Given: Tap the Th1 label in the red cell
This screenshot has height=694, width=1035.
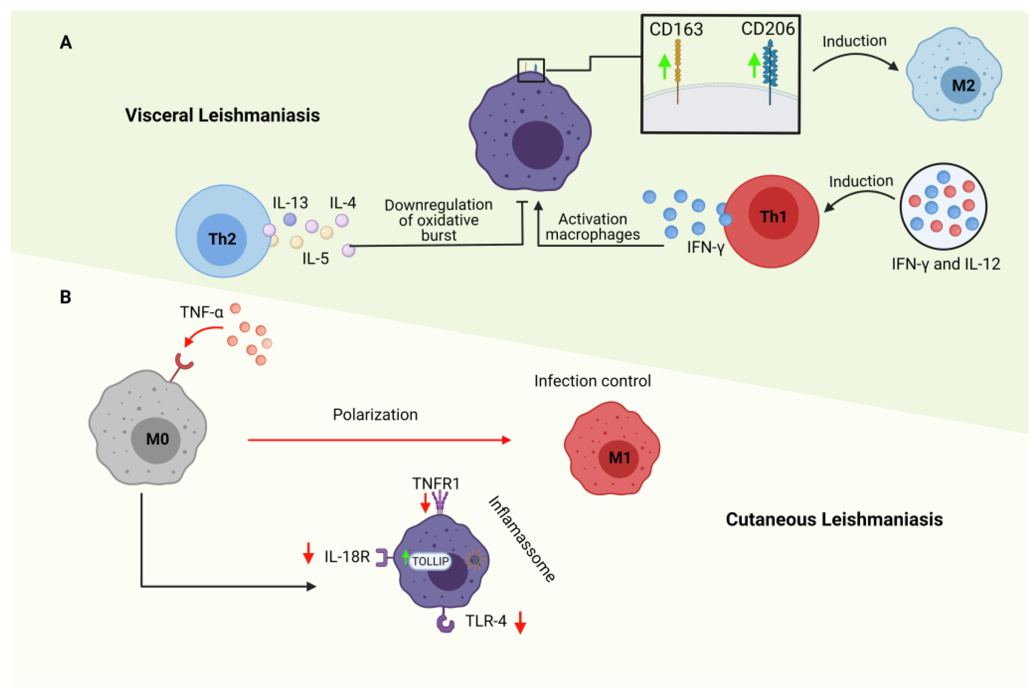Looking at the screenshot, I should (x=773, y=216).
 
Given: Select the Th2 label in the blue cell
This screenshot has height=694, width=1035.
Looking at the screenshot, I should (x=222, y=239).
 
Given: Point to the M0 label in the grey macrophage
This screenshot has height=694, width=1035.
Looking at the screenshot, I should (x=158, y=439).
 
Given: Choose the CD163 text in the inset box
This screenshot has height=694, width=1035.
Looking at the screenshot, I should (x=676, y=29).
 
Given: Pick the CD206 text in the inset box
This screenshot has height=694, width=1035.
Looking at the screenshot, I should (x=767, y=29).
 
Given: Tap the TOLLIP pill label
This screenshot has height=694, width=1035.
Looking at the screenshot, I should (x=430, y=561).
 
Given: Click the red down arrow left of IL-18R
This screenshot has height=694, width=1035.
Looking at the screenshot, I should (x=308, y=553).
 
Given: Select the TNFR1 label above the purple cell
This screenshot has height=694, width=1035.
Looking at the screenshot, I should (x=436, y=483).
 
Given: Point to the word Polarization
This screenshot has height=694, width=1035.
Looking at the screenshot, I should (x=375, y=415).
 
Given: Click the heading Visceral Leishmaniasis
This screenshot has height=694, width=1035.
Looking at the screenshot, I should (x=222, y=115).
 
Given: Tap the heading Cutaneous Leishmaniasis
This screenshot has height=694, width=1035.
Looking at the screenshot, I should (x=834, y=519).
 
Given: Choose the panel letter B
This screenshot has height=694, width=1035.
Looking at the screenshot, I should (x=66, y=297).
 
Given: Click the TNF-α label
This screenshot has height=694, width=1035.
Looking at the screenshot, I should (x=201, y=312).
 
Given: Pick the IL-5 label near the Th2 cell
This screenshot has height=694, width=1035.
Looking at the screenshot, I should (x=315, y=258).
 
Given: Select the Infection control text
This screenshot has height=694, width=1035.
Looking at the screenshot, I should (x=592, y=381).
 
